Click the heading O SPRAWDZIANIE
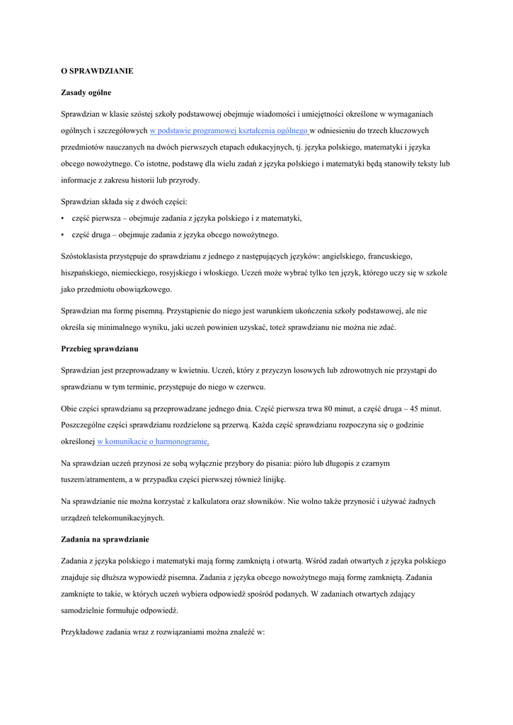coord(97,71)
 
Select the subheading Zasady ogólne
coord(86,93)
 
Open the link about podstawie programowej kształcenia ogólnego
coord(229,131)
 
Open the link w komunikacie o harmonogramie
coord(152,441)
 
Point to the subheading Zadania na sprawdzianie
coord(104,540)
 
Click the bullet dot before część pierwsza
coord(63,219)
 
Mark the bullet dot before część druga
coord(63,235)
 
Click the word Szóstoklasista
coord(87,256)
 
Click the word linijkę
coord(272,479)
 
